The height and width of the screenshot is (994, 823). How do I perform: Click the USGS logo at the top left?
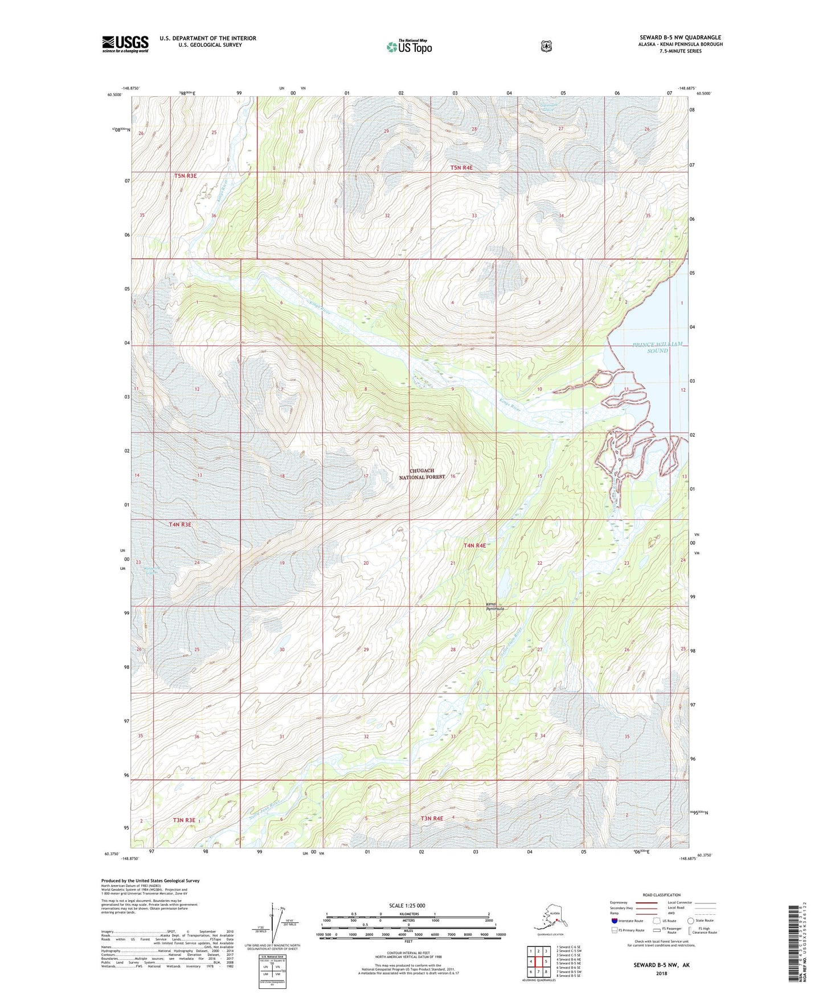click(125, 43)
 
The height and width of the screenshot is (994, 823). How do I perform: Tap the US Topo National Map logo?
click(409, 47)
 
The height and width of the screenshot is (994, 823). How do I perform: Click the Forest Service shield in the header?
click(546, 46)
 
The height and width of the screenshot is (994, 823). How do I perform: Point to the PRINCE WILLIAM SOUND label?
click(657, 347)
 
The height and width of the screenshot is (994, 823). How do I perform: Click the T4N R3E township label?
click(180, 524)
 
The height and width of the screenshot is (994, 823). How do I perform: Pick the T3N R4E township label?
click(431, 819)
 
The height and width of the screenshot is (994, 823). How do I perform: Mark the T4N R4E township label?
click(474, 545)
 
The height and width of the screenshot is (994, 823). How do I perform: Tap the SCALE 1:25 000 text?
click(407, 905)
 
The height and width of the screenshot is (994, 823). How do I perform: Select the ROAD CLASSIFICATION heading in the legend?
click(661, 895)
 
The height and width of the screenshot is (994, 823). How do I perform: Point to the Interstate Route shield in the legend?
click(615, 921)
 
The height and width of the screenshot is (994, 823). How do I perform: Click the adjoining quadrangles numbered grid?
click(538, 963)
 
